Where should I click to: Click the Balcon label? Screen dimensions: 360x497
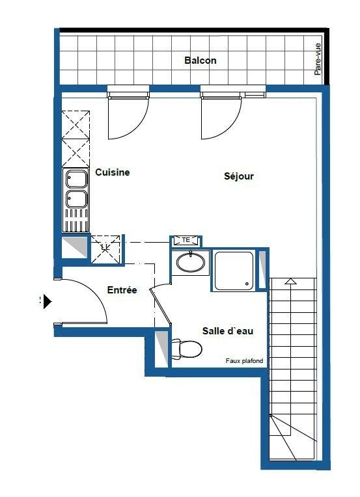pos(200,60)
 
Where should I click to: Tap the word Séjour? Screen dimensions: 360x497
pos(238,176)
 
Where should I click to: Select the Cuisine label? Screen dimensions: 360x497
pos(112,172)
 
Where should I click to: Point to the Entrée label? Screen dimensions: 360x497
pos(122,289)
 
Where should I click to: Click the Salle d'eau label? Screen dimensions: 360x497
pos(228,331)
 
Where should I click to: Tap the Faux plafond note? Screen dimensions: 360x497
pos(244,360)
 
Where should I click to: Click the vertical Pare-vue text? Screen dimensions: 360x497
pos(318,59)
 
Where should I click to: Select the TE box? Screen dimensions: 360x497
pos(186,240)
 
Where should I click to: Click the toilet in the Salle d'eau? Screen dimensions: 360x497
pos(186,349)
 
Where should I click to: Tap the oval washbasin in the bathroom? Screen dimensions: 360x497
pos(190,263)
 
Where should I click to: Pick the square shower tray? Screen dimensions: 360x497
pos(234,271)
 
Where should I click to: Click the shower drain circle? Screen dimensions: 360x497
pos(247,284)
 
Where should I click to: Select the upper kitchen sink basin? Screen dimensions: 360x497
pos(76,179)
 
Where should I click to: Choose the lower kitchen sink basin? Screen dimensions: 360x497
pos(76,199)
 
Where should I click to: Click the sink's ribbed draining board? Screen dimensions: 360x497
pos(76,220)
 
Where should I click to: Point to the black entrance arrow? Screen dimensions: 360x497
pos(48,301)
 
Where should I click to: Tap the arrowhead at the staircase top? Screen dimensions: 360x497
pos(290,281)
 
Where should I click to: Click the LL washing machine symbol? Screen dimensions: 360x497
pos(105,248)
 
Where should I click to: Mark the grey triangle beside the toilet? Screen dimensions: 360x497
pos(161,348)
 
